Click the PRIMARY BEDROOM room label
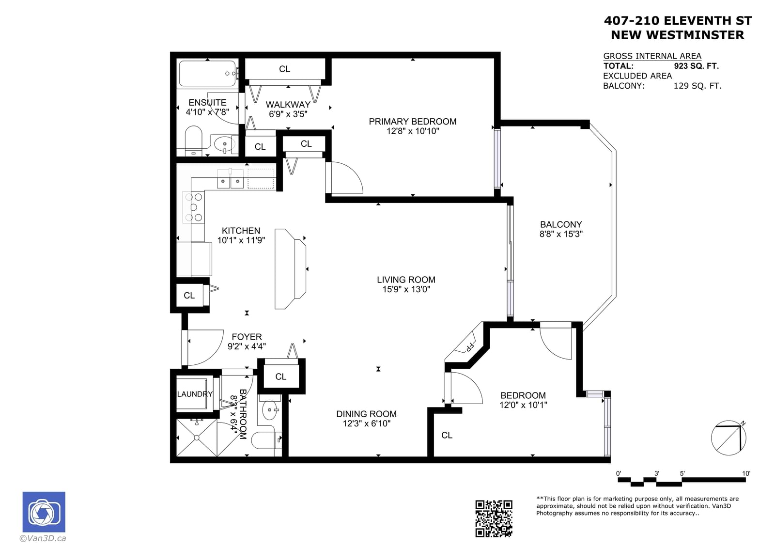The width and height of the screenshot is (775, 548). pos(412,122)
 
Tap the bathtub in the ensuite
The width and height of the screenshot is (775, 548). pos(208,74)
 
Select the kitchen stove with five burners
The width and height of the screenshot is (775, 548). pos(194,207)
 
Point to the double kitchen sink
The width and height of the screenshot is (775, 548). pos(230,179)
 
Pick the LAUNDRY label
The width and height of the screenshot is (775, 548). pos(195,394)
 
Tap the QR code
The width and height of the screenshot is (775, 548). pos(494,518)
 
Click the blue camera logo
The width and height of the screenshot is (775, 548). pos(44,512)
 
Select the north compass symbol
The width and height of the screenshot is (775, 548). pos(728,438)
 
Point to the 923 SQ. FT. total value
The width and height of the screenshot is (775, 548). pos(696,66)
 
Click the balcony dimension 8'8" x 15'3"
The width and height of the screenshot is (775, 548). pos(561,234)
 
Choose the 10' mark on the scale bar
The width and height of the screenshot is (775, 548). pos(746,473)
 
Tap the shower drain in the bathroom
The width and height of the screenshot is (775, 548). pos(197,438)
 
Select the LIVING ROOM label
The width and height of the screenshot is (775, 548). pos(406,280)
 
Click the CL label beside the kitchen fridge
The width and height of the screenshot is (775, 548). pos(189,295)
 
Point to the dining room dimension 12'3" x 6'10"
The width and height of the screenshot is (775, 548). pos(366,423)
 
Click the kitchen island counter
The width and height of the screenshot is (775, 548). pos(290,268)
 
